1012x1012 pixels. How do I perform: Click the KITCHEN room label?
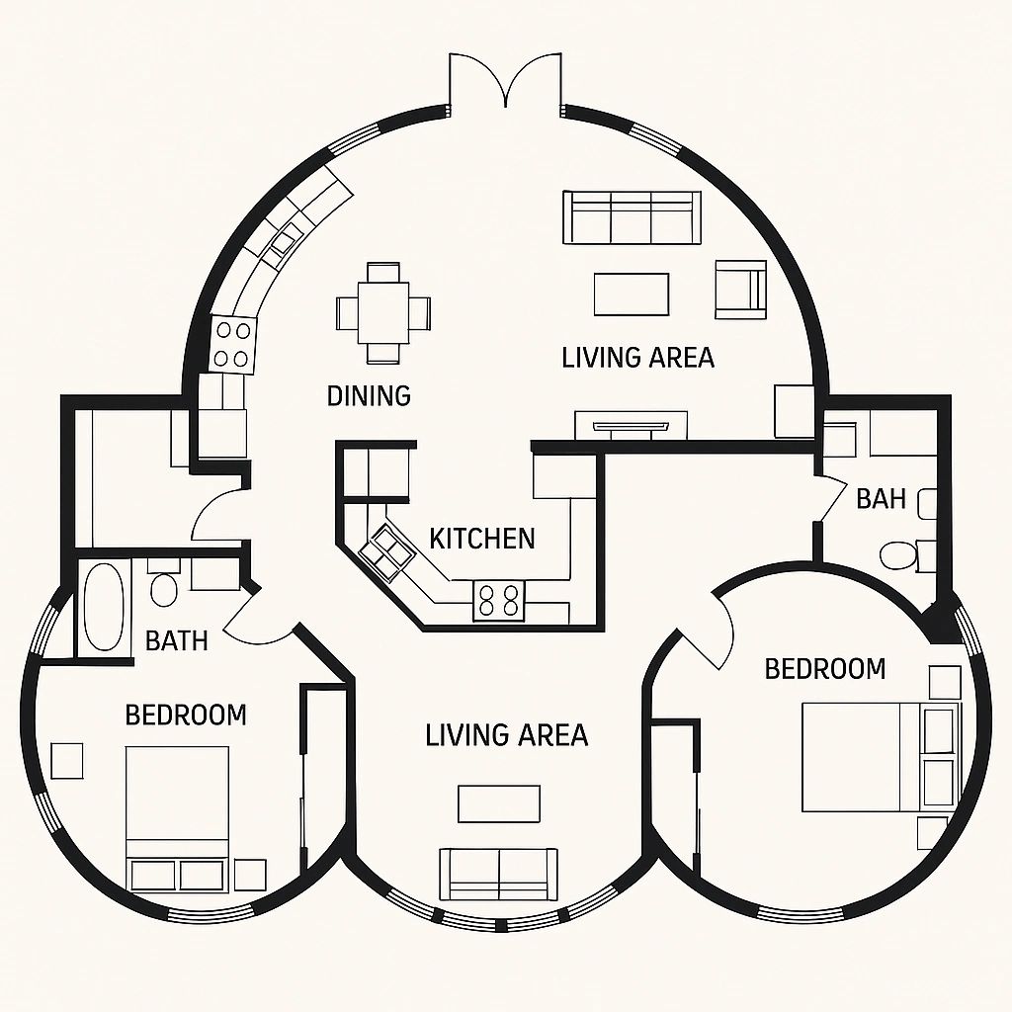click(482, 539)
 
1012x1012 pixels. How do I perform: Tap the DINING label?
click(369, 395)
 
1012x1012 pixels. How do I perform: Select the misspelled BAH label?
click(881, 499)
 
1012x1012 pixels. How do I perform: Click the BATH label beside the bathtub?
click(176, 640)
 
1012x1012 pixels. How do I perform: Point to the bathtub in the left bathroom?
click(104, 608)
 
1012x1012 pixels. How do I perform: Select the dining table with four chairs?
click(383, 313)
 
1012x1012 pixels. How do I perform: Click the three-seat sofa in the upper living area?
click(632, 217)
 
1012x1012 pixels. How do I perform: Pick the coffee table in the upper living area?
click(632, 295)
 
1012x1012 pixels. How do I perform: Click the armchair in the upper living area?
click(740, 290)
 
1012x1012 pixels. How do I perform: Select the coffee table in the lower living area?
click(499, 803)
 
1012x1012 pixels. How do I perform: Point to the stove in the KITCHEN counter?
click(499, 600)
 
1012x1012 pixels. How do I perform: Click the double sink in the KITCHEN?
click(386, 551)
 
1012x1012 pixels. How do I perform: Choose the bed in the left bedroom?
click(178, 819)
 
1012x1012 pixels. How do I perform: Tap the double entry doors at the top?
click(505, 81)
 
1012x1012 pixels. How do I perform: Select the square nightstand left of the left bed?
click(67, 761)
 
